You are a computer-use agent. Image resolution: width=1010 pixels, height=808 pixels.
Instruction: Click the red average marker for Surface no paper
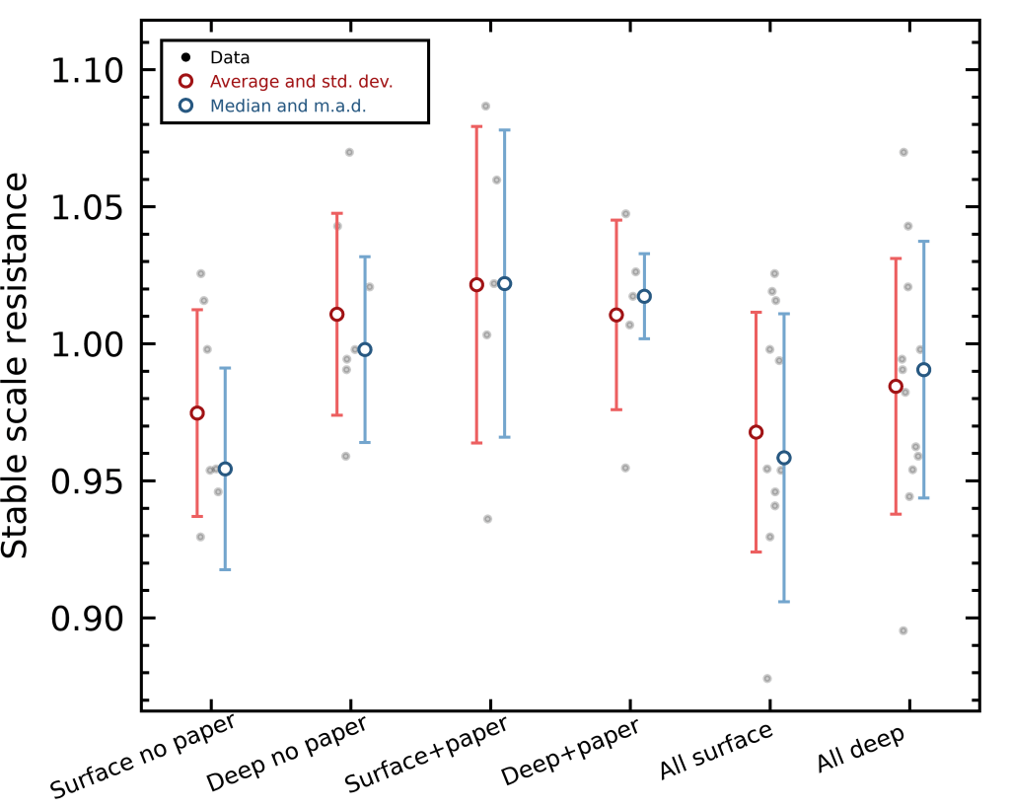coord(197,413)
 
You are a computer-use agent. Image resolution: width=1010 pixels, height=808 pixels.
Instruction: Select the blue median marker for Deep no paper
coord(365,349)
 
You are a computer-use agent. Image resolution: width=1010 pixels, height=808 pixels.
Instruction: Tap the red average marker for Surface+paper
coord(476,284)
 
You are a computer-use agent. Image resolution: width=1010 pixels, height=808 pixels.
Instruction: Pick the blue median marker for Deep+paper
coord(644,296)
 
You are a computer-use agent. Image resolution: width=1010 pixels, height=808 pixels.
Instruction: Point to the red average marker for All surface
coord(756,432)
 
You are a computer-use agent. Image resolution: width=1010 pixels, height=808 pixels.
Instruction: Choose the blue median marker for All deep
coord(923,370)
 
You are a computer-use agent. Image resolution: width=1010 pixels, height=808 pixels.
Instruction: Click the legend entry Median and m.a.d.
coord(288,106)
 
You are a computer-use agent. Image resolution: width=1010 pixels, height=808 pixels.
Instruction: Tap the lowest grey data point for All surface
coord(767,679)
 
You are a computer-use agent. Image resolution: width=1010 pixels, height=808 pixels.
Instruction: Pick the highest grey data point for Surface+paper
coord(485,106)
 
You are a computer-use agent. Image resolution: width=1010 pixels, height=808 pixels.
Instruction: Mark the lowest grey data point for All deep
coord(903,630)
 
